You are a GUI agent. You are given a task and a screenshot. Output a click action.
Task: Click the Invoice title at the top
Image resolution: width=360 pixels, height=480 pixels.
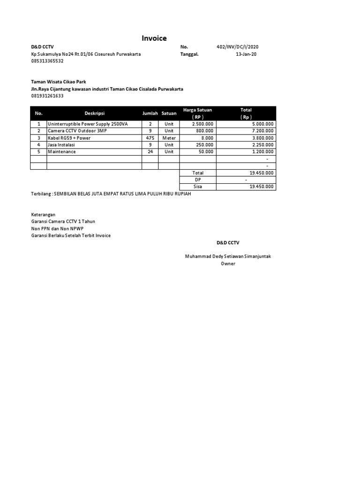coord(154,38)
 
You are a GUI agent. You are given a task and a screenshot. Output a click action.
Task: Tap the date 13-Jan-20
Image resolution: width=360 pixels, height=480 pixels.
coord(246,54)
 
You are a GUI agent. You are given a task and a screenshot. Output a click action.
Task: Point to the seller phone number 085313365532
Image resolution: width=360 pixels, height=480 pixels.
coord(47,61)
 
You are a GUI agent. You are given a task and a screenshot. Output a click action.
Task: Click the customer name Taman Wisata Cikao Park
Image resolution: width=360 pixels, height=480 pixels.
coord(59,82)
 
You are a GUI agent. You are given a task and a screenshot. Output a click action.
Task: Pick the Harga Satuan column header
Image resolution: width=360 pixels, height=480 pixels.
coord(197,110)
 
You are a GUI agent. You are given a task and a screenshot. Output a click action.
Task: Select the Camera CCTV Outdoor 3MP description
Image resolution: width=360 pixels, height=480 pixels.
coord(77,131)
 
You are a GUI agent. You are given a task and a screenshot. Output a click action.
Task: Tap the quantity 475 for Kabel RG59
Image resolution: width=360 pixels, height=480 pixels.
coord(150,138)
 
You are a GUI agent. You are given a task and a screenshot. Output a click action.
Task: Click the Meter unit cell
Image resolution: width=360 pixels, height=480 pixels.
coord(169,138)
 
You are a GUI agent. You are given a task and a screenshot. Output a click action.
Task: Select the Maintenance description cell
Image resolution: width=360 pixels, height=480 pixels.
coord(61,152)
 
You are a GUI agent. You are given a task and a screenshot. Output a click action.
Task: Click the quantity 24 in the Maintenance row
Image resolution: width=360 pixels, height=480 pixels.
coord(150,152)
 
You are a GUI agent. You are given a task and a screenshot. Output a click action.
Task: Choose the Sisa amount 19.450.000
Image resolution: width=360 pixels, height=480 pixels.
coord(262,187)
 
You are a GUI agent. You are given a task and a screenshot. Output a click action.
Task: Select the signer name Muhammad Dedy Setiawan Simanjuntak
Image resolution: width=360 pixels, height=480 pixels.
coord(228,256)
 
